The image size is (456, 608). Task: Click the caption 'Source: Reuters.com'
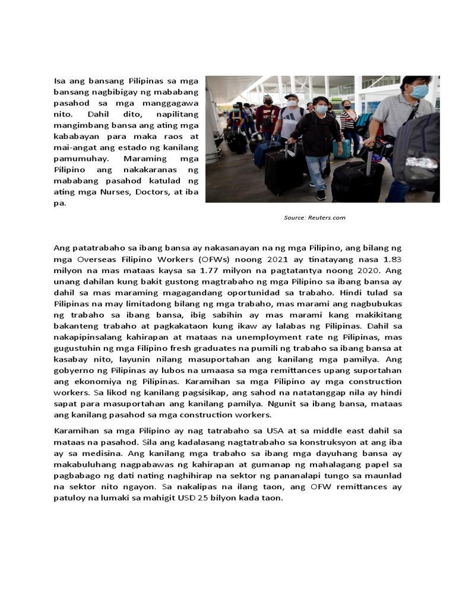(314, 218)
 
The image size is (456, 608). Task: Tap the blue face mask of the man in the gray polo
(419, 91)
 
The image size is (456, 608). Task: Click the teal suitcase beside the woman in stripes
(344, 148)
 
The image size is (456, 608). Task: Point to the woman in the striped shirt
(347, 122)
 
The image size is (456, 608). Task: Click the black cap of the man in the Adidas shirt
(291, 96)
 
